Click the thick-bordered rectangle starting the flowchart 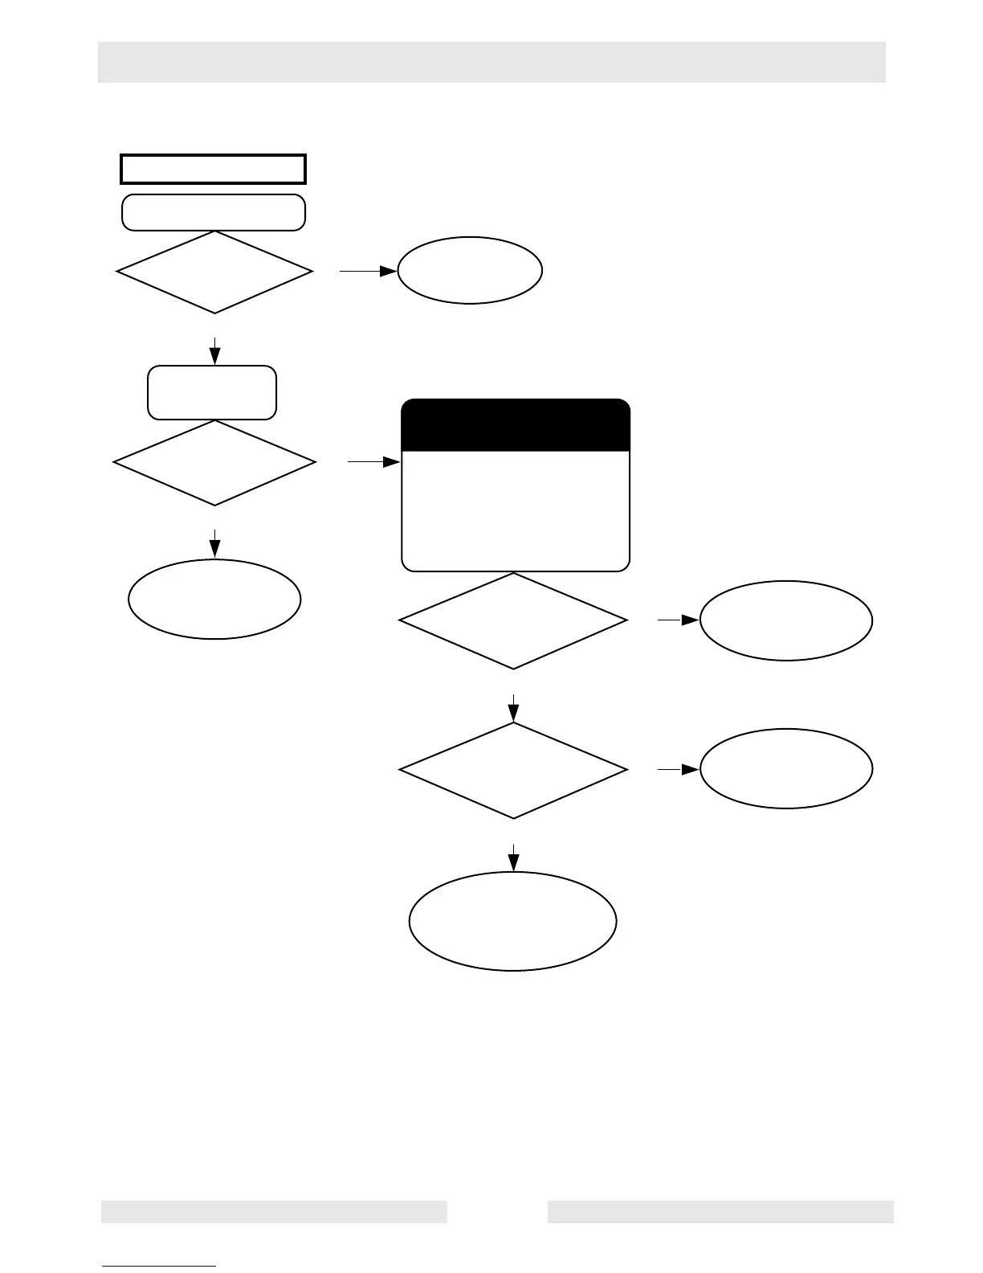tap(213, 169)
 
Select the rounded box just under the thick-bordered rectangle tap(213, 212)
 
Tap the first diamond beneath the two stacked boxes tap(214, 272)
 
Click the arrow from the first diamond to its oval tap(368, 272)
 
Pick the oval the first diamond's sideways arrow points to tap(470, 270)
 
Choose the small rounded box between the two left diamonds tap(212, 392)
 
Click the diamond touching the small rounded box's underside tap(214, 463)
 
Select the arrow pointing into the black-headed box tap(373, 462)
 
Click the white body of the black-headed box tap(515, 510)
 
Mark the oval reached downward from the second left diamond tap(214, 599)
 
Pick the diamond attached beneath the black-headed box tap(513, 620)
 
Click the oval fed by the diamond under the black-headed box tap(786, 620)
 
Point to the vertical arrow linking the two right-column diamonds tap(513, 707)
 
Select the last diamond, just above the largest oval tap(513, 770)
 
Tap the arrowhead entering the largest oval tap(513, 863)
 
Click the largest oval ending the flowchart tap(513, 921)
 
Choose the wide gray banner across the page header tap(491, 62)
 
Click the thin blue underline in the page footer tap(159, 1266)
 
